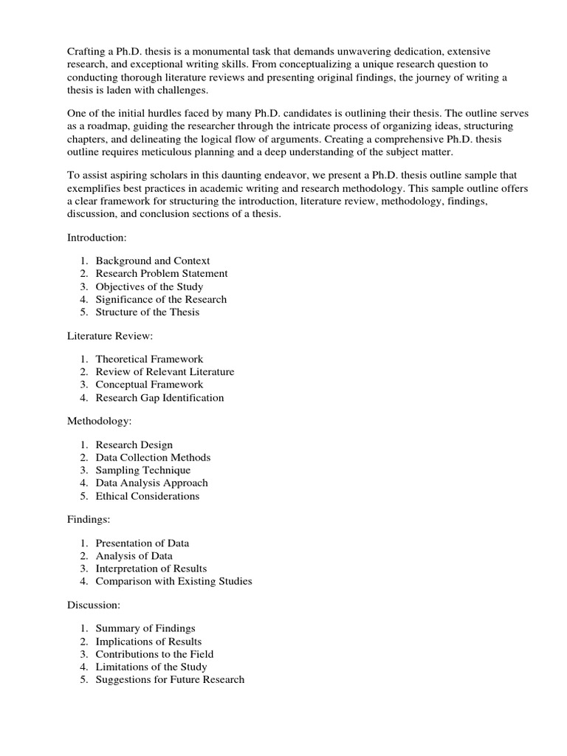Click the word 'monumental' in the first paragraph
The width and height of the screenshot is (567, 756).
click(x=215, y=51)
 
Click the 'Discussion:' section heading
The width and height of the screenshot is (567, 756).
click(x=94, y=605)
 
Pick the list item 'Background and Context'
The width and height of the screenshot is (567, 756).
click(x=153, y=261)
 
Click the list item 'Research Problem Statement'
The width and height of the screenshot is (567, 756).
click(x=162, y=273)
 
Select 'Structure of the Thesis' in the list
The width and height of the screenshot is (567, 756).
click(x=148, y=312)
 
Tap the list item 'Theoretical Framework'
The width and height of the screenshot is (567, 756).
click(x=149, y=359)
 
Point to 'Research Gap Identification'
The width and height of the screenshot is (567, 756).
click(x=159, y=397)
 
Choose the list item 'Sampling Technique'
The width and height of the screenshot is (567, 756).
click(x=142, y=470)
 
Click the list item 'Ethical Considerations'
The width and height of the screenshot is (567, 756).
click(x=148, y=495)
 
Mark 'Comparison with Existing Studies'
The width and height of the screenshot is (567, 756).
click(x=173, y=581)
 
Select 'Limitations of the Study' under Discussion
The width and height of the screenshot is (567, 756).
click(x=151, y=667)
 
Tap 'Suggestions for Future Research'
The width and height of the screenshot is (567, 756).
click(x=170, y=679)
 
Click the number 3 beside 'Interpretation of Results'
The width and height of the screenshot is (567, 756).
click(x=84, y=568)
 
